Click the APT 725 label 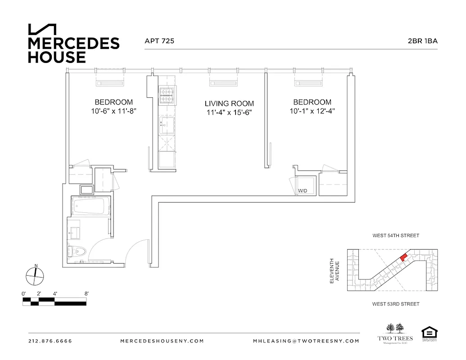159,41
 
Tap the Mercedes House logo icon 43,29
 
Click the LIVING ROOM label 229,103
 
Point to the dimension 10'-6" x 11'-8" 113,111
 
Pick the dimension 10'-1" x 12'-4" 312,111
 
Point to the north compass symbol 35,275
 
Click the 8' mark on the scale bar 86,293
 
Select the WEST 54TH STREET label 395,235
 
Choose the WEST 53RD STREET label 395,304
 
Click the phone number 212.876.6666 50,341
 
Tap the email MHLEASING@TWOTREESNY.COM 306,341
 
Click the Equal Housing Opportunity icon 429,333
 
